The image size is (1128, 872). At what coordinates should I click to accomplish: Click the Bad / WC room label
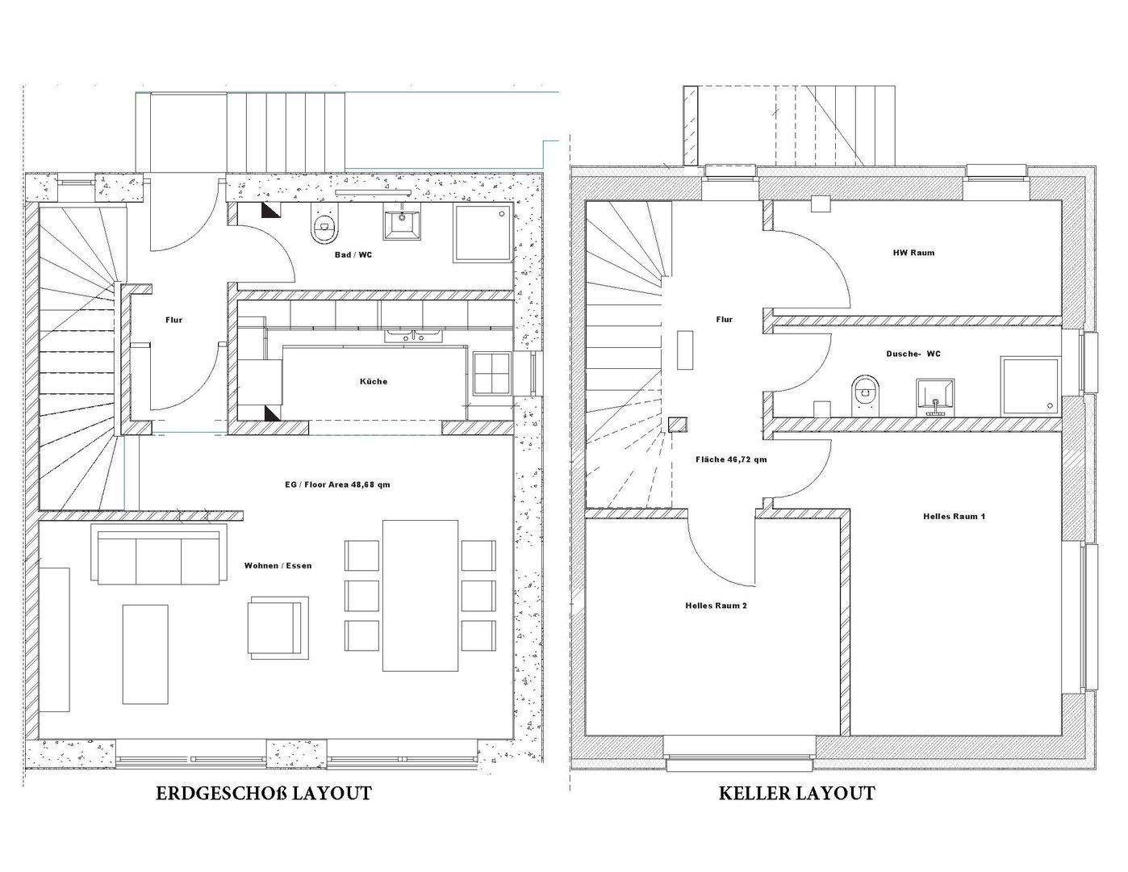(353, 255)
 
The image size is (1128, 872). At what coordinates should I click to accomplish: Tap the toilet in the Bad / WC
(324, 228)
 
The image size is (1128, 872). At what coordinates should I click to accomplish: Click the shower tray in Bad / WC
(483, 233)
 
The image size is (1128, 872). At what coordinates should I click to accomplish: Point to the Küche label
(373, 381)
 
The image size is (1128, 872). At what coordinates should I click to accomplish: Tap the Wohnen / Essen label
(278, 565)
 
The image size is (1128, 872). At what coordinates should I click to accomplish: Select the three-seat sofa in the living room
(158, 555)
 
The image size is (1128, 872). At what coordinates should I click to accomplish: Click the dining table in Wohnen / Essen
(420, 595)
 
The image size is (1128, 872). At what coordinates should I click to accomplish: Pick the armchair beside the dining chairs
(277, 627)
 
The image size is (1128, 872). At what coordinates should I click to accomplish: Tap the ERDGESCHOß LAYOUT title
(264, 794)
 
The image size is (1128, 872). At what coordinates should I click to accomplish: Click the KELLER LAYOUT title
(796, 794)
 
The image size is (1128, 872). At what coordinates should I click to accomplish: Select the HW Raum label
(913, 253)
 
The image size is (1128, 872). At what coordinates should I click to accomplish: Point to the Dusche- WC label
(913, 354)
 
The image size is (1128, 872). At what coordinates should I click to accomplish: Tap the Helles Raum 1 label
(954, 516)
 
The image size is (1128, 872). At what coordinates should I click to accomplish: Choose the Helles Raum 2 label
(716, 605)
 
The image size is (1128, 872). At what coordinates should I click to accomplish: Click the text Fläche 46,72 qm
(731, 459)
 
